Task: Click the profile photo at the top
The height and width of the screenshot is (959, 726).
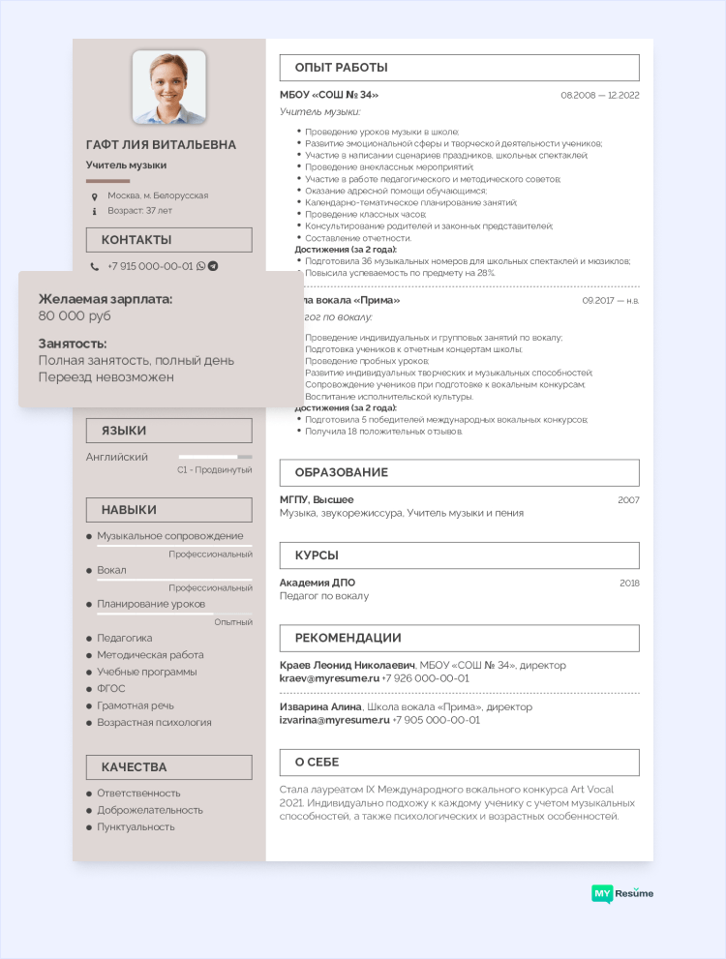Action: pyautogui.click(x=168, y=87)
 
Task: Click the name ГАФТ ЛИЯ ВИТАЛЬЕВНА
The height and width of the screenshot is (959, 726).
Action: pyautogui.click(x=161, y=145)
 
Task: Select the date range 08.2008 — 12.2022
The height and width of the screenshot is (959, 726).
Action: pyautogui.click(x=599, y=96)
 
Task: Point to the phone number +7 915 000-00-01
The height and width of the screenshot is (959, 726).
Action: pyautogui.click(x=150, y=266)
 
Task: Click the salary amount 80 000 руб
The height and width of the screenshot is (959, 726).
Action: pyautogui.click(x=75, y=316)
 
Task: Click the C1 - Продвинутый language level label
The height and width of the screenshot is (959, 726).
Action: pyautogui.click(x=214, y=469)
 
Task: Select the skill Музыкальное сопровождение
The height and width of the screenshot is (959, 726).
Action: pyautogui.click(x=169, y=536)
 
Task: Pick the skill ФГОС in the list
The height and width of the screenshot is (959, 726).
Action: pyautogui.click(x=111, y=688)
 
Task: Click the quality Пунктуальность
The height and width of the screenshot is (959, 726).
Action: pyautogui.click(x=136, y=827)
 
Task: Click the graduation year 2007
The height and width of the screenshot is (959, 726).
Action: pyautogui.click(x=628, y=499)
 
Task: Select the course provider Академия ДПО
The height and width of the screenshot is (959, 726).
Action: pyautogui.click(x=318, y=583)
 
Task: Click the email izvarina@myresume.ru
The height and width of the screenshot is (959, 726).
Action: pyautogui.click(x=334, y=720)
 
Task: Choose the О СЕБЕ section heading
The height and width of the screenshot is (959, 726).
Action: pyautogui.click(x=317, y=763)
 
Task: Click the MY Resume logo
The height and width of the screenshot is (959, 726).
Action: pyautogui.click(x=622, y=893)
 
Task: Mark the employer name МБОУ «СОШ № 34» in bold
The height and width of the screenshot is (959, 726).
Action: pyautogui.click(x=329, y=95)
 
